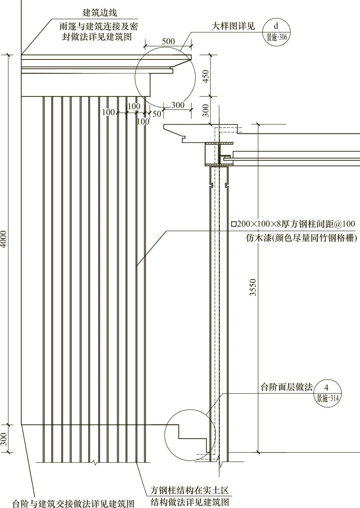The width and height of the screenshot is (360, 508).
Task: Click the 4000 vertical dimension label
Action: [4, 240]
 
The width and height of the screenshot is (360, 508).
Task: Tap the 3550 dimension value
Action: [253, 287]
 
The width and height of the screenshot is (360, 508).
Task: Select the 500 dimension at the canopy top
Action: [168, 41]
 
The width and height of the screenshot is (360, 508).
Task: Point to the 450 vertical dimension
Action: [206, 76]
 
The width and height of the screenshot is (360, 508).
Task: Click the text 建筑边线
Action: [100, 13]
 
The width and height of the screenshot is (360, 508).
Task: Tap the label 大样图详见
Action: [233, 26]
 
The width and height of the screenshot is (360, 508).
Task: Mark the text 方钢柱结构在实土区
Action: [189, 490]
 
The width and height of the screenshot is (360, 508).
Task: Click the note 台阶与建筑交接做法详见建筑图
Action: [73, 503]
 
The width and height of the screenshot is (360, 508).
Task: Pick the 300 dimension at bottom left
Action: [4, 439]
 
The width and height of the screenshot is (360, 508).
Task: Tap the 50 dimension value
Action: [157, 114]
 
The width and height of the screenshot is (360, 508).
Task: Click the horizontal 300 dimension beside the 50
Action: [178, 105]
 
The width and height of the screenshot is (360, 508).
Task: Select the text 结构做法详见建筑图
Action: [190, 502]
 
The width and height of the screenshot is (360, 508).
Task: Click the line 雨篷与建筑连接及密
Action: [99, 27]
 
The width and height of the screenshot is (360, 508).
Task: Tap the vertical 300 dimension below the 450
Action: [206, 110]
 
